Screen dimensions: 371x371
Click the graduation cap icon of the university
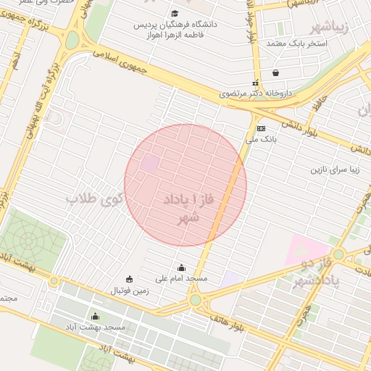tap(174, 13)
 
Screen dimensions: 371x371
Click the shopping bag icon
tap(275, 72)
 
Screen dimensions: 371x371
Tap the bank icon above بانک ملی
tap(261, 128)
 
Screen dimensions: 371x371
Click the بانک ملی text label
tap(267, 138)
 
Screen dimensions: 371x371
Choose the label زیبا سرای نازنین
tap(314, 171)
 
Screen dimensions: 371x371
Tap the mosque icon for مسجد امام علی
tap(181, 268)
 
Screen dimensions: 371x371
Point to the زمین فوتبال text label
tap(129, 291)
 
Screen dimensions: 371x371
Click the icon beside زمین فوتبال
tap(130, 280)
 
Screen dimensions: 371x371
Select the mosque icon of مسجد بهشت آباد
tap(95, 316)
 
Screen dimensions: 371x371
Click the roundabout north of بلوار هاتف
tap(195, 299)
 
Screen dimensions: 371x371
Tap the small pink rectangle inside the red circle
tap(149, 164)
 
